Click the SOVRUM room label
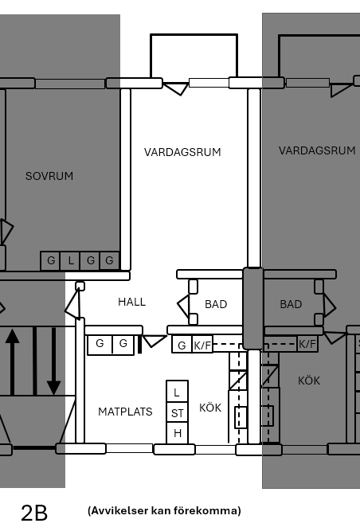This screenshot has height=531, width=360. (49, 176)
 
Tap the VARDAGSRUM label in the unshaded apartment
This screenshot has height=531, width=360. (182, 152)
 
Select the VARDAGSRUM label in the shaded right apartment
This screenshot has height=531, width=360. (317, 150)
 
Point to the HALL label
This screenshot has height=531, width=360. (131, 302)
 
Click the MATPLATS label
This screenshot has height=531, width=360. (125, 412)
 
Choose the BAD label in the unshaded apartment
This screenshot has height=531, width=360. (216, 304)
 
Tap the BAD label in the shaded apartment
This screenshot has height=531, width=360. (291, 304)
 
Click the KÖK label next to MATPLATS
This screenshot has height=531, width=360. (210, 408)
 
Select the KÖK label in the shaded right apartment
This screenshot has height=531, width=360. (309, 381)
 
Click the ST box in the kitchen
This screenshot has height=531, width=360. (177, 413)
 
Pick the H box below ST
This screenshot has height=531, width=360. (177, 433)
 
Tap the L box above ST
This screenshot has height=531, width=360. (177, 392)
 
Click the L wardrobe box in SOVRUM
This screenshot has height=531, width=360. (70, 261)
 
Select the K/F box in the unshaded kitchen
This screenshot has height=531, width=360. (202, 345)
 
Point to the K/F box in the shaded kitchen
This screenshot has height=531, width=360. (307, 344)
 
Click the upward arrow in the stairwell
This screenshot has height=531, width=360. (12, 362)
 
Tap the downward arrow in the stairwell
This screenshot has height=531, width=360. (53, 361)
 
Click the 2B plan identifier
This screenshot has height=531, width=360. (34, 513)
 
